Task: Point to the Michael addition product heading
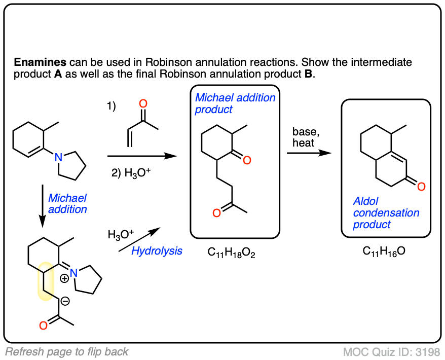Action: point(235,103)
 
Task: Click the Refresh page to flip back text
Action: point(67,351)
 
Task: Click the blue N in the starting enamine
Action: point(59,158)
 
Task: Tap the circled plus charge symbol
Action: point(65,278)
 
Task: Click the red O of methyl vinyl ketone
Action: point(143,104)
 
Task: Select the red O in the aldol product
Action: point(421,187)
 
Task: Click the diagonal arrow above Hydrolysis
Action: point(139,239)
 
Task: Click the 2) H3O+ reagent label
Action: point(129,171)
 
